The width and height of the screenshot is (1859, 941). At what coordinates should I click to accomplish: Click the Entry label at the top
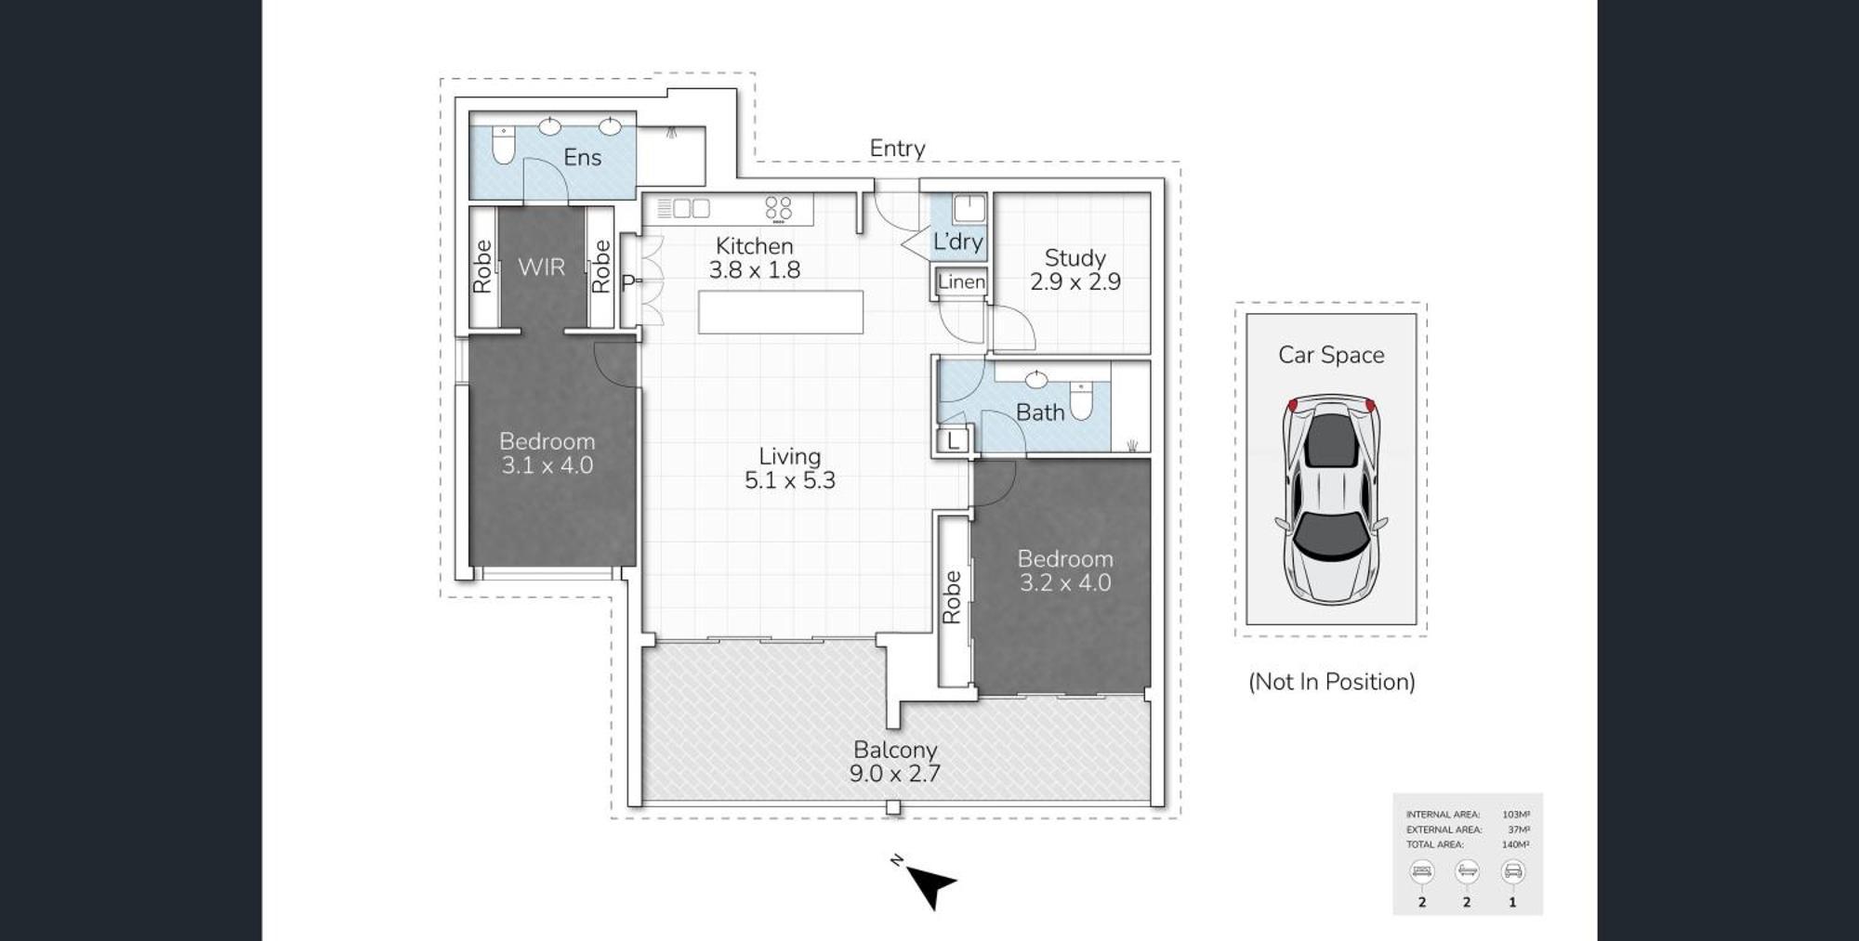click(897, 149)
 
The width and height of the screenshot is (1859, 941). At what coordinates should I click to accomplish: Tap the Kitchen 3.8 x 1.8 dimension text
click(754, 270)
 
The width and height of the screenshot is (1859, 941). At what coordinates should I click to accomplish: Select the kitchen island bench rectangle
click(781, 312)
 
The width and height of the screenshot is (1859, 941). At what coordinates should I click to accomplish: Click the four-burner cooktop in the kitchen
click(779, 209)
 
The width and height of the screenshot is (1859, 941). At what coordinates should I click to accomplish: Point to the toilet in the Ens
click(503, 145)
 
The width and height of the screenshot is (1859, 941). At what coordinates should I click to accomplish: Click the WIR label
click(541, 268)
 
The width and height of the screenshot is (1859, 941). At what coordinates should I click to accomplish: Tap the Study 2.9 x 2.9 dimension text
click(1075, 281)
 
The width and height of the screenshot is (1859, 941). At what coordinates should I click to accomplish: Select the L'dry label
click(957, 242)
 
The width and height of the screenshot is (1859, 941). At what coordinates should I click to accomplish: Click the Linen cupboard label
click(961, 281)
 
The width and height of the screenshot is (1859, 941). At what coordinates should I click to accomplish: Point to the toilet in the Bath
click(1081, 401)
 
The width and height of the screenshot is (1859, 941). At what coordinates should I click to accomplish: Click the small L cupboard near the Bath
click(954, 441)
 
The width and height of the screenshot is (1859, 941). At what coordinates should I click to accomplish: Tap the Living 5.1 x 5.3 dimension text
click(789, 480)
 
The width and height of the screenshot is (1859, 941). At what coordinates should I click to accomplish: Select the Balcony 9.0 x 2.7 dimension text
click(894, 774)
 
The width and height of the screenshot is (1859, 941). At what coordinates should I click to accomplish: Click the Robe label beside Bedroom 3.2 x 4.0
click(952, 596)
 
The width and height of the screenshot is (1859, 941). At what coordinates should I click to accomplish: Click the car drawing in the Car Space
click(1330, 500)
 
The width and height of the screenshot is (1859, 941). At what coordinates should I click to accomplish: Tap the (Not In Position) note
click(1331, 682)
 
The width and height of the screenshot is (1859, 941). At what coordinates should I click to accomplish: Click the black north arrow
click(929, 885)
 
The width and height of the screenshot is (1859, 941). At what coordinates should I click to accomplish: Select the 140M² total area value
click(1515, 844)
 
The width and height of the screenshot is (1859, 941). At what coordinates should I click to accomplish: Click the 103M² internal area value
click(1515, 815)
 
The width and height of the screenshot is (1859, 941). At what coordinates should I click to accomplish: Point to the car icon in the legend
click(1512, 871)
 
